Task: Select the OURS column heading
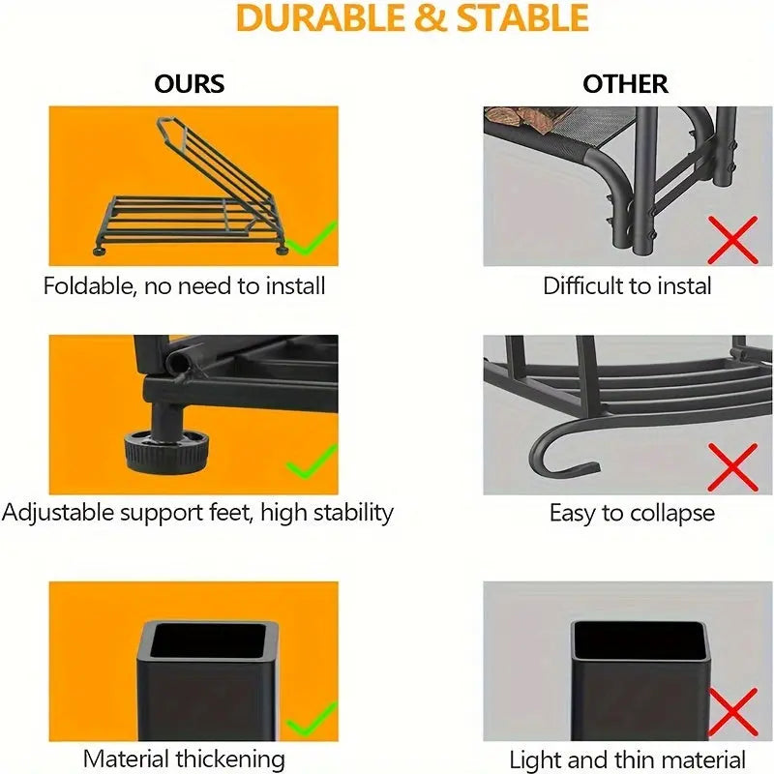(x=190, y=83)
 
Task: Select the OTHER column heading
(x=625, y=83)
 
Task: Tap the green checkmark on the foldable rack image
(x=314, y=238)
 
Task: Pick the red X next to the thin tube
(x=732, y=714)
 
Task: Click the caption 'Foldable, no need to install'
(x=184, y=285)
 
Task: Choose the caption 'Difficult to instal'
(x=627, y=285)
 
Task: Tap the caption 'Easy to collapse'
(x=632, y=513)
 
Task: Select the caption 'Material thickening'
(x=184, y=759)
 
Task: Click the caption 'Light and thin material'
(x=628, y=760)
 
